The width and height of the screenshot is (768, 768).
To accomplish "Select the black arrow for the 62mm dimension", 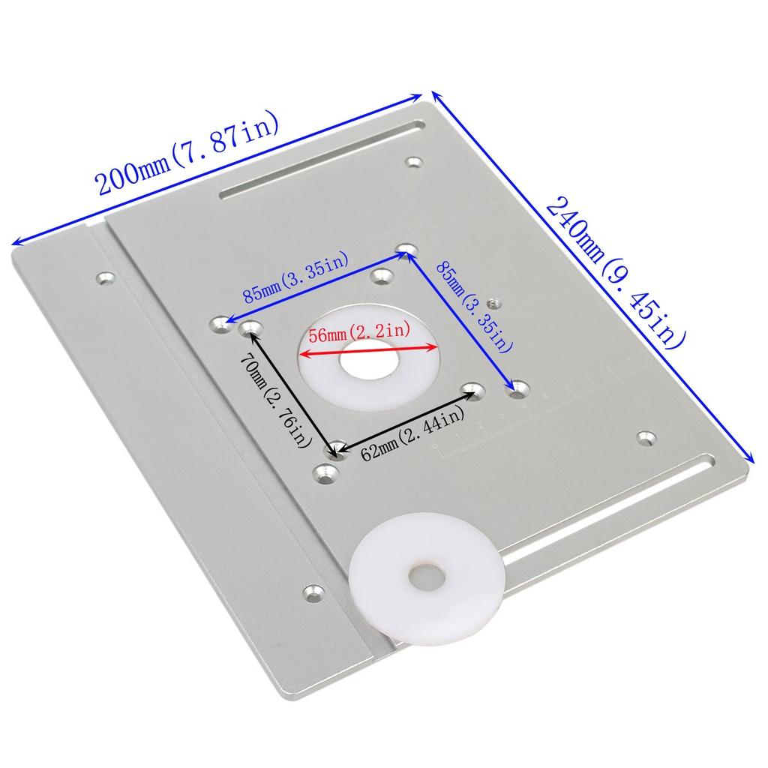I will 405,420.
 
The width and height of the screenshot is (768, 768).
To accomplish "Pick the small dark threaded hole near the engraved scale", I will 493,302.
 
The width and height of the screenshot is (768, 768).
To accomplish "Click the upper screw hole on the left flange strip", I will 104,280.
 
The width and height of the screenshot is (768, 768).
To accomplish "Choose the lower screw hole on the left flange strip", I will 310,592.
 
